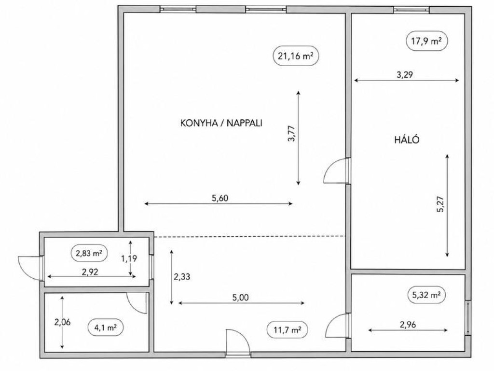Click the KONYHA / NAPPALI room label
click(221, 123)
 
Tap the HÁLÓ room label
click(407, 140)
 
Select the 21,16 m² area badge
click(296, 56)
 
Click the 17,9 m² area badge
click(426, 41)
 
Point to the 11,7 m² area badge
click(287, 330)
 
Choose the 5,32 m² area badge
click(426, 295)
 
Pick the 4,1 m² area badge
click(106, 328)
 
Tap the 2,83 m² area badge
click(89, 253)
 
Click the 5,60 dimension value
click(220, 198)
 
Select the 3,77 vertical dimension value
click(292, 133)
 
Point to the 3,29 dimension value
click(405, 75)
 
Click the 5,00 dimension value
click(240, 298)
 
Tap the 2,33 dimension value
click(182, 277)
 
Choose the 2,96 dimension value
click(408, 324)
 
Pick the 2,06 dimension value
click(62, 322)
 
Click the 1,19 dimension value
click(129, 259)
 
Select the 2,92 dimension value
click(90, 271)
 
